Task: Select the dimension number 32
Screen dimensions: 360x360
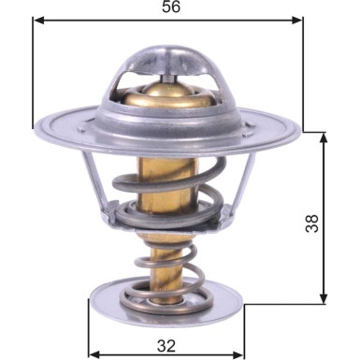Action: point(166,342)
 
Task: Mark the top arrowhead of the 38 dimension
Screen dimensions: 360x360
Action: point(324,137)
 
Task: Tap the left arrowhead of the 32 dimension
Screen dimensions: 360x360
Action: point(94,354)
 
